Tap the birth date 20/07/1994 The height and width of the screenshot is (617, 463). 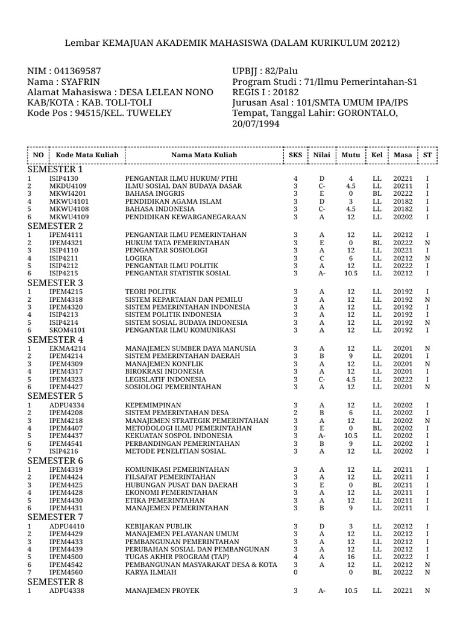pos(256,123)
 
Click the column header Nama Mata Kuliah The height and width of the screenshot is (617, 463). pos(204,155)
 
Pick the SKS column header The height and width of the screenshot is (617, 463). pos(295,155)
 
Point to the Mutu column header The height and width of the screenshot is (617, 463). pos(351,155)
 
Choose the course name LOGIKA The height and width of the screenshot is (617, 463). pos(138,257)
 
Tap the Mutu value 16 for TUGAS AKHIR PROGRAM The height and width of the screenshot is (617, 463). pos(351,557)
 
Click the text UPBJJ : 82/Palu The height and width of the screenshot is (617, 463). pos(265,72)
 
